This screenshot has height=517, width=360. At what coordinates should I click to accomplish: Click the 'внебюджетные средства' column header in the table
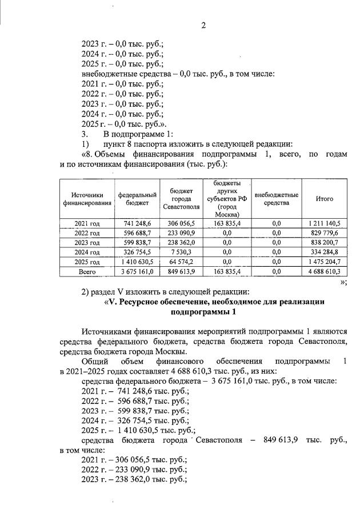(x=277, y=199)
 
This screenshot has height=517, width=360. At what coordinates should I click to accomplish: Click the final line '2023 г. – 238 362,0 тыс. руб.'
(x=135, y=479)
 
